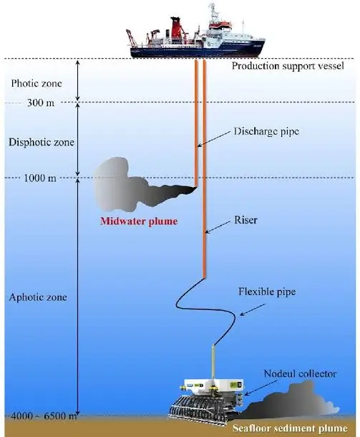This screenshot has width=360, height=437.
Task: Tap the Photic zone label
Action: pyautogui.click(x=34, y=83)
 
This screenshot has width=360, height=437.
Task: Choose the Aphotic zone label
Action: pyautogui.click(x=36, y=297)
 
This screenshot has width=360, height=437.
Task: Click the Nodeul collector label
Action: pyautogui.click(x=299, y=373)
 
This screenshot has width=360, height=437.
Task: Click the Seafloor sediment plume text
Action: pyautogui.click(x=293, y=428)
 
